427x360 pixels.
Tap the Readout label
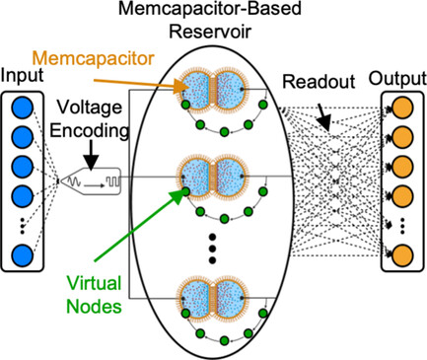click(315, 85)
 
